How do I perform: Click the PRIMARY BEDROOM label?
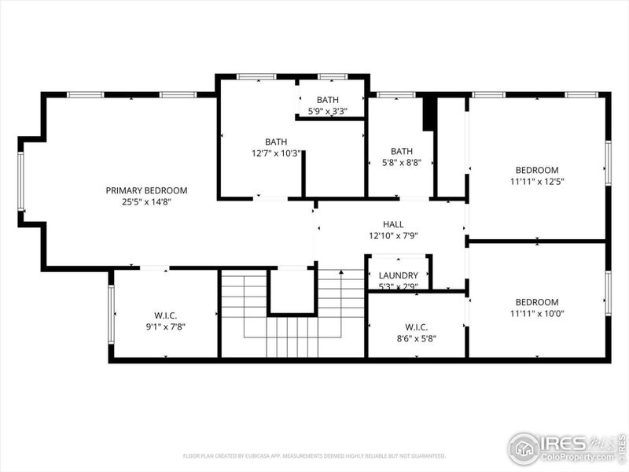[x=147, y=190]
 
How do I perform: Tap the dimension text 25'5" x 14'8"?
[x=147, y=202]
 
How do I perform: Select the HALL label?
[x=393, y=224]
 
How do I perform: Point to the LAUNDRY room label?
[x=398, y=275]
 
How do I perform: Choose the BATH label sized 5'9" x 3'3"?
[x=328, y=100]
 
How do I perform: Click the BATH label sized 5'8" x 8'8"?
[x=402, y=151]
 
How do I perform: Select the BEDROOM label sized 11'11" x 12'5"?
[x=537, y=170]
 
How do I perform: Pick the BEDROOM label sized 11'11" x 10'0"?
[x=537, y=302]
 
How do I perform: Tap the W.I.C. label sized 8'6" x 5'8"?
[x=416, y=326]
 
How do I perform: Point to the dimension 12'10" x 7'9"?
[x=393, y=236]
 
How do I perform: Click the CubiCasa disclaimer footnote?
[x=314, y=456]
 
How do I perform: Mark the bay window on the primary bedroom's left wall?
[x=21, y=181]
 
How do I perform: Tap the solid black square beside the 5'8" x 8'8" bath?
[x=429, y=114]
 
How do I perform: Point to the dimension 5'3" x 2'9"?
[x=398, y=286]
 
